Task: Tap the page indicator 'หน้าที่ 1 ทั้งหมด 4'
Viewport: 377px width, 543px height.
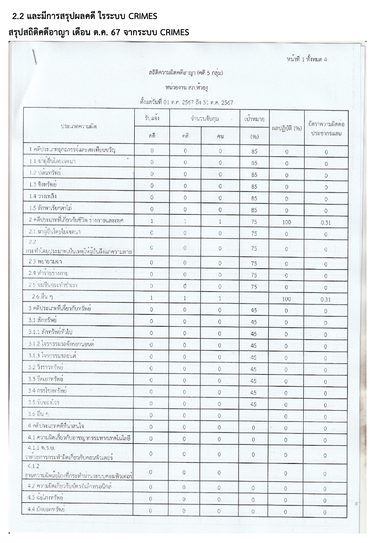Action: click(x=307, y=59)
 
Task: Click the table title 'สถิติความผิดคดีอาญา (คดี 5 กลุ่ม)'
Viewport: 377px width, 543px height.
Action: click(x=186, y=73)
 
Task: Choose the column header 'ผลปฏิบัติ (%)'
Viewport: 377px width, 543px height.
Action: click(x=287, y=128)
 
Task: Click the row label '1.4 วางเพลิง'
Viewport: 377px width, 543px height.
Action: click(x=43, y=196)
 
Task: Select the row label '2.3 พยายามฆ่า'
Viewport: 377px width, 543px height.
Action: click(x=46, y=262)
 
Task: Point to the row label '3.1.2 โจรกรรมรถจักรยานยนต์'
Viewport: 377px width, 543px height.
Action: click(x=61, y=344)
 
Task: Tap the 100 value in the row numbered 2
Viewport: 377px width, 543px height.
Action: click(x=287, y=222)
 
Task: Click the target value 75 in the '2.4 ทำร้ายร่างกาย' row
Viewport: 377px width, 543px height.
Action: click(x=254, y=275)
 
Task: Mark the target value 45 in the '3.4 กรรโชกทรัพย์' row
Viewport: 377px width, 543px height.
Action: click(x=254, y=392)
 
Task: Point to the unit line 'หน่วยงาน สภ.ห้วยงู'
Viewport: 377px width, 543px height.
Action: click(x=187, y=88)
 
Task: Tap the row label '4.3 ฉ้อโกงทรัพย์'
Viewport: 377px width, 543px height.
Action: click(x=46, y=498)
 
